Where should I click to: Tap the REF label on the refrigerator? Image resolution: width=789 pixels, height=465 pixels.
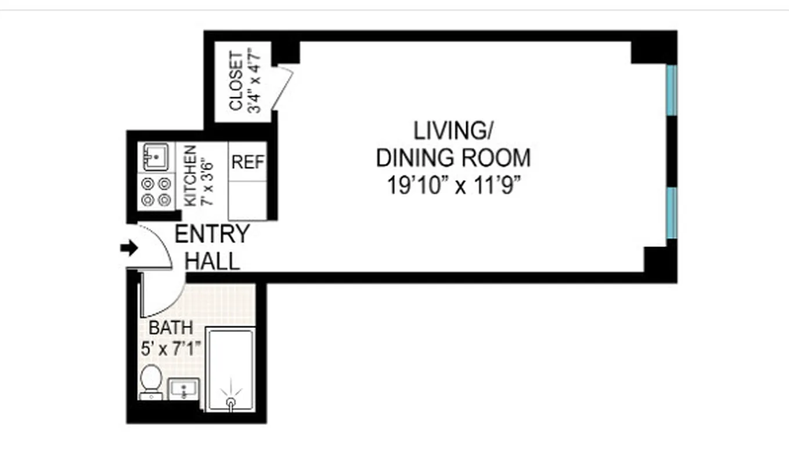248,162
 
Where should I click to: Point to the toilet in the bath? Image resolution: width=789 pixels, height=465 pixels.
150,381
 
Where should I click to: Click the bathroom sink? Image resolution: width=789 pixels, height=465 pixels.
183,389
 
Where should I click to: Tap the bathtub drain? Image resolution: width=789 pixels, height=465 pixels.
231,402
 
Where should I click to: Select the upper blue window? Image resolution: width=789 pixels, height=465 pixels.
671,90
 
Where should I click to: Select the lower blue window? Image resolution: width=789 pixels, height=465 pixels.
671,213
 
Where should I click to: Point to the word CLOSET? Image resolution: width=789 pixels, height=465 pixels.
236,81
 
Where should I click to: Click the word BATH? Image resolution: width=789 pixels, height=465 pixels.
170,327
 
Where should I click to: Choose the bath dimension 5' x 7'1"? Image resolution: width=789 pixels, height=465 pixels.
170,349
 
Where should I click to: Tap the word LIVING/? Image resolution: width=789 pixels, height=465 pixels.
452,131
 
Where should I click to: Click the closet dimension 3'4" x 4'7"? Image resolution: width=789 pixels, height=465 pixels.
254,81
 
